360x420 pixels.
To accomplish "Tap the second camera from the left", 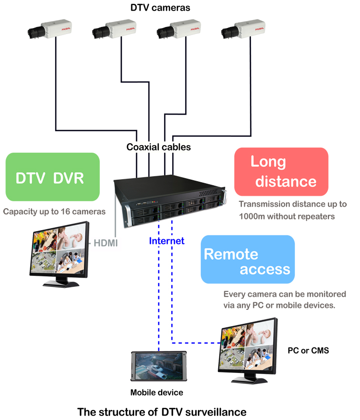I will click(x=112, y=30).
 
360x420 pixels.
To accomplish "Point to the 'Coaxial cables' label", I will click(x=159, y=147).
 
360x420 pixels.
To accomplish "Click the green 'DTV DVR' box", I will click(x=53, y=177).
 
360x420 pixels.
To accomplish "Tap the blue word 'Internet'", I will click(x=167, y=241).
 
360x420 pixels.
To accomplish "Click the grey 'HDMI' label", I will click(x=106, y=243).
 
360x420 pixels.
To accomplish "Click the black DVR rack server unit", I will click(x=167, y=198).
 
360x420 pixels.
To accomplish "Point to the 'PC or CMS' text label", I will click(x=308, y=350).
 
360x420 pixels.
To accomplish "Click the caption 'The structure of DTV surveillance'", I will click(x=162, y=411).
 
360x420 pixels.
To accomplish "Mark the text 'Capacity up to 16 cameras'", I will click(x=54, y=211).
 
